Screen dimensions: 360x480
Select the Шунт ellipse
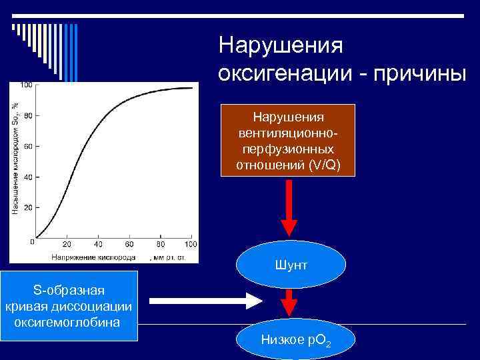(291, 265)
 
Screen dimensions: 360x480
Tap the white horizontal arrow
(207, 301)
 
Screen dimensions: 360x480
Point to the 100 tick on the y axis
(27, 85)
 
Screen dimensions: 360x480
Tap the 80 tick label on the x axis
(159, 244)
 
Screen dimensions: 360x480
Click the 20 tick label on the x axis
(67, 244)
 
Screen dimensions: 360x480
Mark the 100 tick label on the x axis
(190, 244)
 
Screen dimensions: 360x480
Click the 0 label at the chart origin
(31, 242)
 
